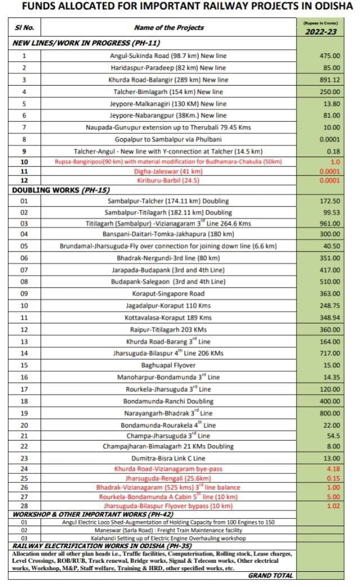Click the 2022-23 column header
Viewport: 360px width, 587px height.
coord(321,32)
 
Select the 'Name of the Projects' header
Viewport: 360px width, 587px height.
coord(169,28)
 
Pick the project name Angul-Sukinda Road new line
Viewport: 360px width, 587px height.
coord(168,56)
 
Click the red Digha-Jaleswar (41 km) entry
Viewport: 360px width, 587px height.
coord(168,171)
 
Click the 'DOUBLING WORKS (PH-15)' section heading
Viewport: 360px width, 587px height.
coord(53,190)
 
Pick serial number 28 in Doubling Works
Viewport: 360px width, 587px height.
coord(24,505)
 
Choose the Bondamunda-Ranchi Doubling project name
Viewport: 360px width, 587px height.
coord(168,401)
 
